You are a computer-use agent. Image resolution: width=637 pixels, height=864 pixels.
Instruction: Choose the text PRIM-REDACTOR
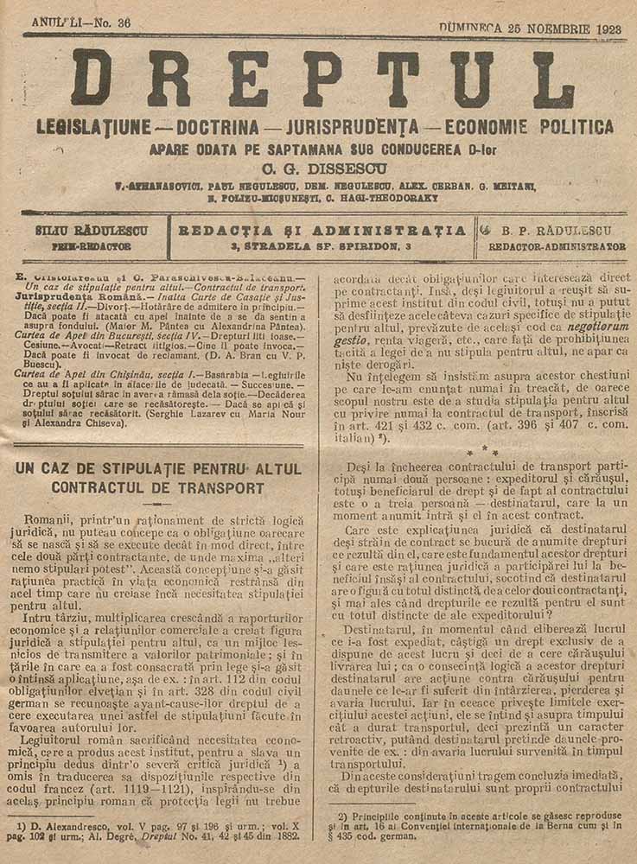(92, 246)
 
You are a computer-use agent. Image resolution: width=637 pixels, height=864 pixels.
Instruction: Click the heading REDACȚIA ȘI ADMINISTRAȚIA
(323, 232)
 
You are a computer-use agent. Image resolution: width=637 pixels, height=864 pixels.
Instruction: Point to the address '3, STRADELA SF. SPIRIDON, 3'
(323, 246)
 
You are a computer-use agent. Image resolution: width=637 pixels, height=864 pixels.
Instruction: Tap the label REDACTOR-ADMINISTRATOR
(557, 246)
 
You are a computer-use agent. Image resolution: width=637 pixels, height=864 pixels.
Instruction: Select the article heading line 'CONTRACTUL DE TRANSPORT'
(158, 488)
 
